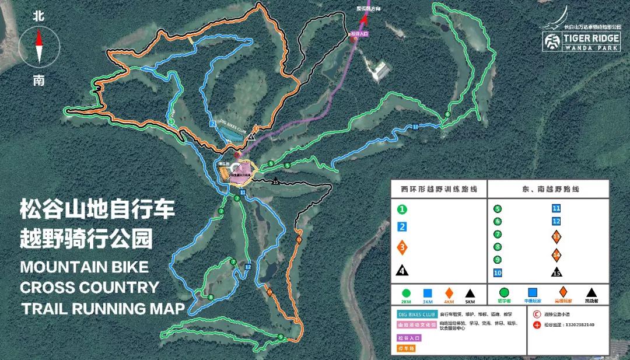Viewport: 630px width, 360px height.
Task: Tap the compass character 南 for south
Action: [x=39, y=80]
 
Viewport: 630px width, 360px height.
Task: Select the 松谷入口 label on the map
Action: [x=361, y=34]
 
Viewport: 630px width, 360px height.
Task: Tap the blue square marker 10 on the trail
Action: [x=415, y=127]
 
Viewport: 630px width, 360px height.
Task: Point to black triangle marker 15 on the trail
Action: [x=275, y=181]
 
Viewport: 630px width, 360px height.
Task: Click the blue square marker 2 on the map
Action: [x=213, y=124]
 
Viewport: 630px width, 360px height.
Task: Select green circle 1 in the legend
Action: [x=402, y=209]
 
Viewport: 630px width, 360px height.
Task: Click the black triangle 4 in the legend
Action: [x=402, y=270]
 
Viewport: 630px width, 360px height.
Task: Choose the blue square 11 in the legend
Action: [x=556, y=208]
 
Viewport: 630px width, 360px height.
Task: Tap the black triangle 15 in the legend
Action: [x=556, y=272]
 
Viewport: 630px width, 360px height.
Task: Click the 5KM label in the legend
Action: [x=470, y=302]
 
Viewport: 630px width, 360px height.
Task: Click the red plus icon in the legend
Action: [x=537, y=324]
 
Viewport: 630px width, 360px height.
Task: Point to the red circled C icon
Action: [x=537, y=313]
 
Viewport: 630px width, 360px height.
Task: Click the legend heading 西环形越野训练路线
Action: [x=439, y=190]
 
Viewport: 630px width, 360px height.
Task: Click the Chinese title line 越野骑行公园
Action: [x=86, y=237]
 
